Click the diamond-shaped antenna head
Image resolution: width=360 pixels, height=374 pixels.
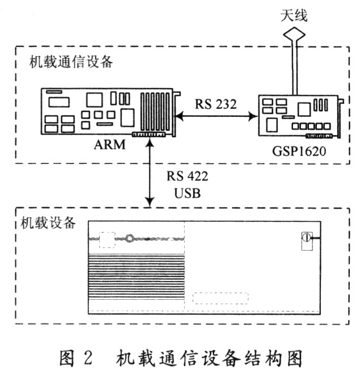[294, 34]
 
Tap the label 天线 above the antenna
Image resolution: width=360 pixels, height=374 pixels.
[294, 16]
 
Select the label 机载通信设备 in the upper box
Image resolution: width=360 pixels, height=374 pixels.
[71, 62]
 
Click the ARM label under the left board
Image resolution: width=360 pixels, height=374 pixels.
[109, 145]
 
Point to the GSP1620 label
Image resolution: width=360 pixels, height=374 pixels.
[299, 151]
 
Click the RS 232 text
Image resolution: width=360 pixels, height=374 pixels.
[216, 104]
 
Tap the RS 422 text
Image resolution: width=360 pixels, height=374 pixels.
[187, 177]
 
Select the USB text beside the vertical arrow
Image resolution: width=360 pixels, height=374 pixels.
[187, 193]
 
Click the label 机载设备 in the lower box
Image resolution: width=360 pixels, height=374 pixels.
[48, 222]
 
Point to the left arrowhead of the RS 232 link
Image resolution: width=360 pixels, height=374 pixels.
[179, 116]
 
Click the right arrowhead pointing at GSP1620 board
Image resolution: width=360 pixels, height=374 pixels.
[253, 116]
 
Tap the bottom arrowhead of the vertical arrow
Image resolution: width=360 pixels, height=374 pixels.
[150, 203]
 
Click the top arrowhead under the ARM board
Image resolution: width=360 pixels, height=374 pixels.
[150, 142]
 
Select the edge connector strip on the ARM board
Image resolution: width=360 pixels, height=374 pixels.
[149, 135]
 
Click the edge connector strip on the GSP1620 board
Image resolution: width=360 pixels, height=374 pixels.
[319, 136]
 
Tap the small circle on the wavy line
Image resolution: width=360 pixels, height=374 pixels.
[130, 238]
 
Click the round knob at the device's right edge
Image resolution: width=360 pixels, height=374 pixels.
[307, 238]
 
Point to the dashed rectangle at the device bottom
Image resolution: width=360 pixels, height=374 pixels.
[221, 298]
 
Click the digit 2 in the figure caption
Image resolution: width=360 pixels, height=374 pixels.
[88, 358]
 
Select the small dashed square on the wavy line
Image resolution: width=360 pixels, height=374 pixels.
[107, 239]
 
